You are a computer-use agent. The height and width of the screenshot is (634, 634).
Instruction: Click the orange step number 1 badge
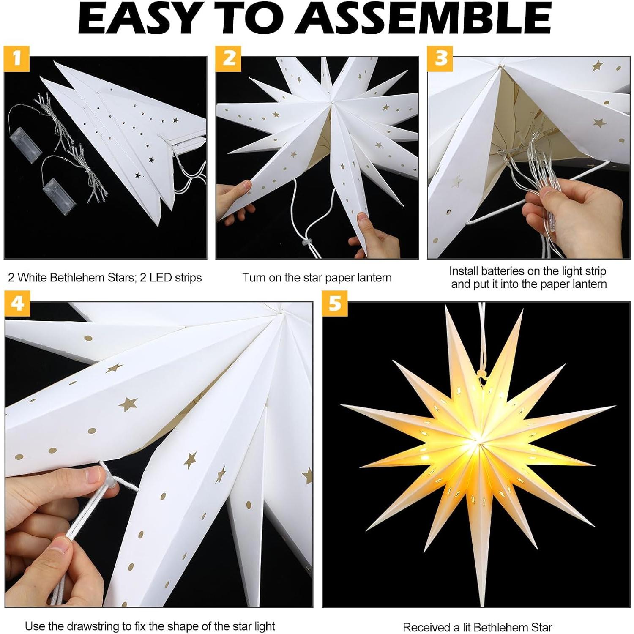click(16, 58)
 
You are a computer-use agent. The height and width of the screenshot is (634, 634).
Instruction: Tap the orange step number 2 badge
click(229, 58)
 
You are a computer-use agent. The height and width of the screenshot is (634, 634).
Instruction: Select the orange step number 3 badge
click(440, 58)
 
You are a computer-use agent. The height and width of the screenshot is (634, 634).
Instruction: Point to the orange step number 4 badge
click(17, 303)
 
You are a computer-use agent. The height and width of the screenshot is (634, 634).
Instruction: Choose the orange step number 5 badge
click(335, 303)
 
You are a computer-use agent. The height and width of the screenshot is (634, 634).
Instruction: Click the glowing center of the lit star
click(477, 440)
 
